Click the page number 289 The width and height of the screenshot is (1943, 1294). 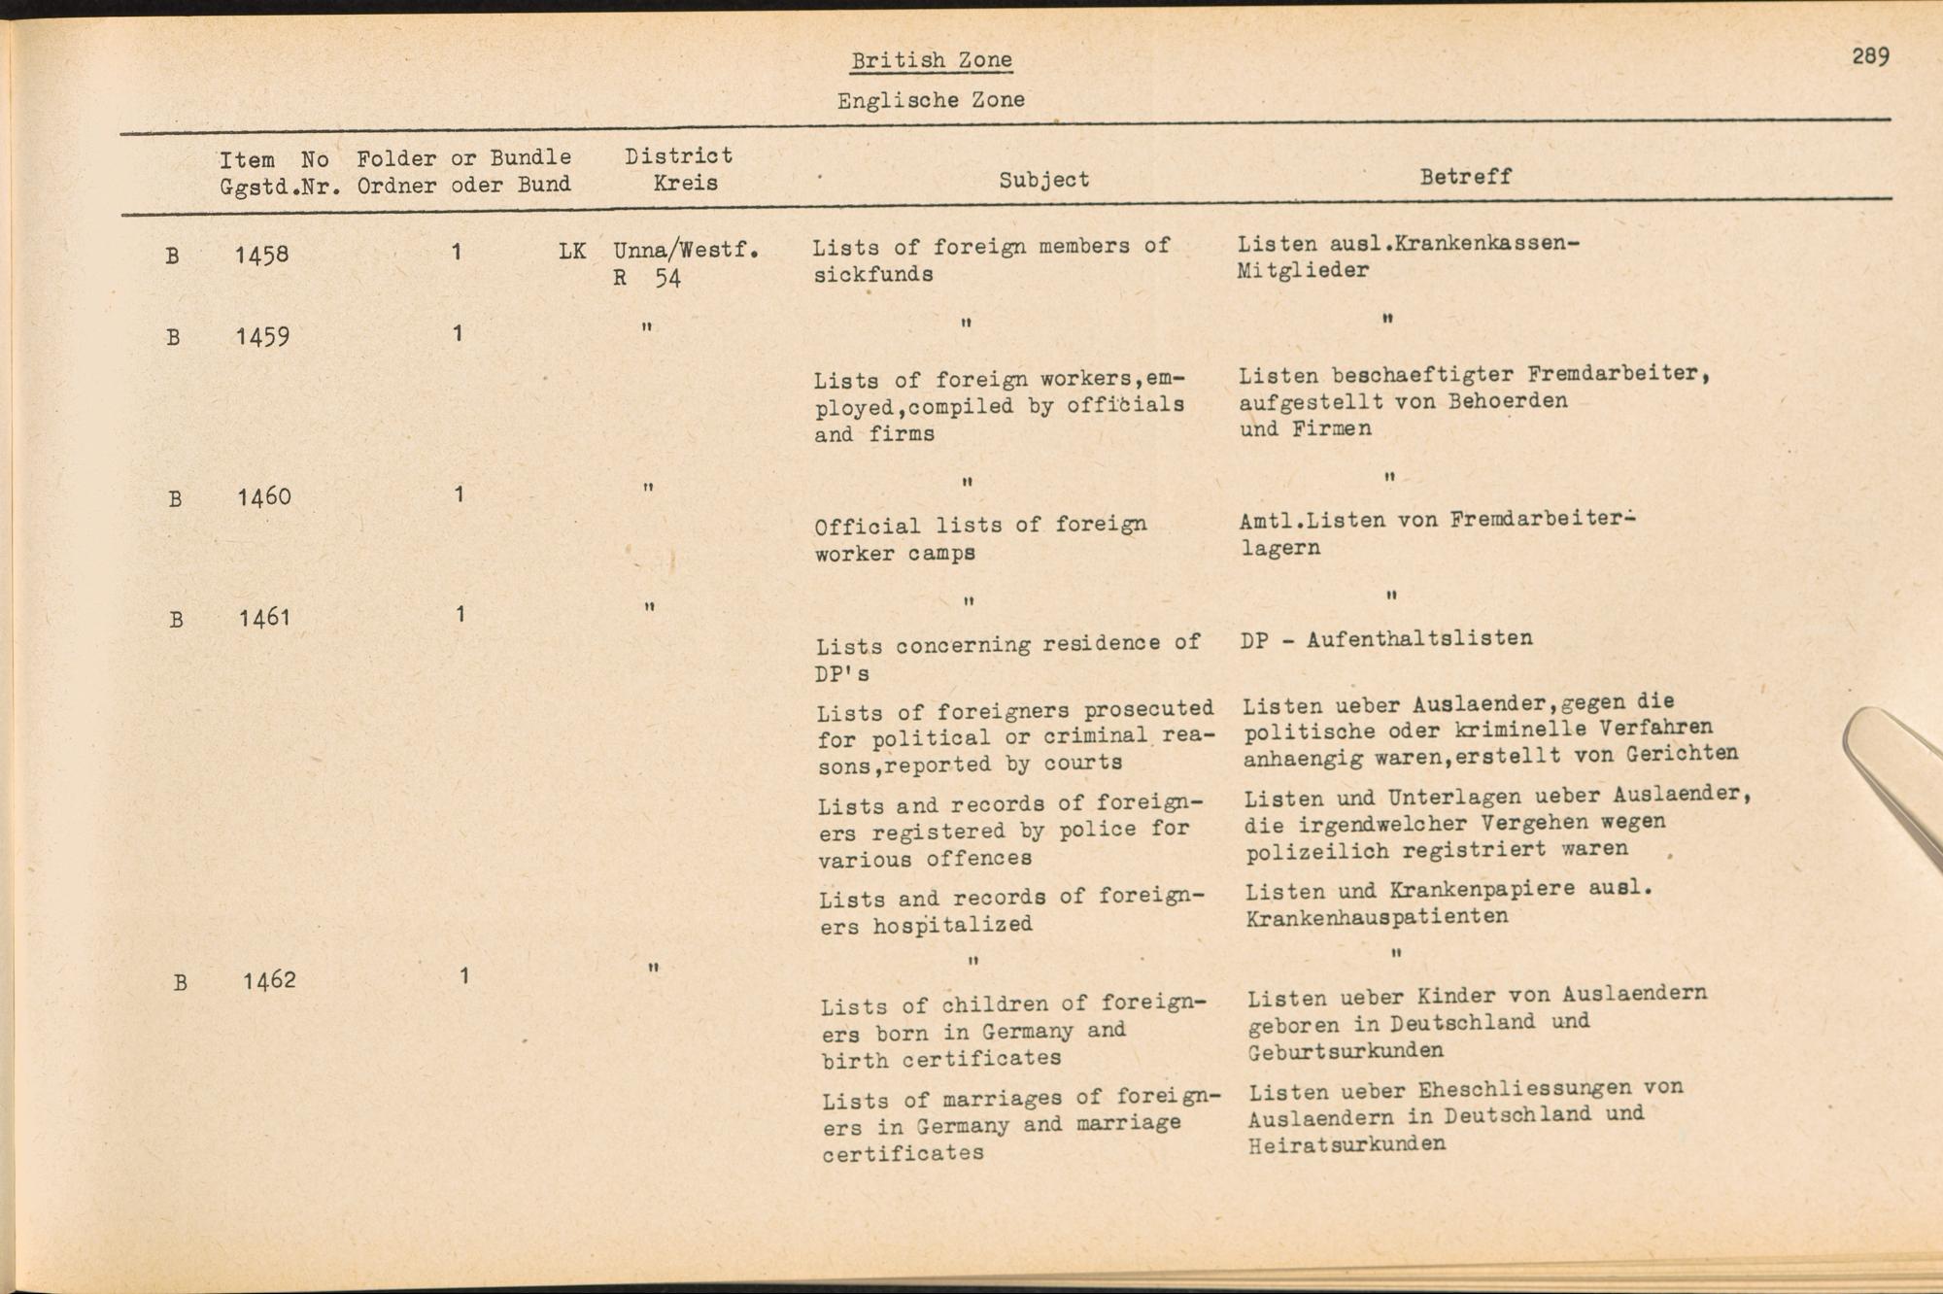click(1870, 56)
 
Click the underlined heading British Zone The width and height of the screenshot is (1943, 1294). click(932, 60)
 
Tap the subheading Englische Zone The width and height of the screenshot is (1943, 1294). click(931, 100)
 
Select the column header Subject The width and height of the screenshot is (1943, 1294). click(1044, 180)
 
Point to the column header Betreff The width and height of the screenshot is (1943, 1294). click(1465, 177)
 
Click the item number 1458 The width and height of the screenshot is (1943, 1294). click(261, 255)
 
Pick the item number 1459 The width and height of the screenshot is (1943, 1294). click(262, 337)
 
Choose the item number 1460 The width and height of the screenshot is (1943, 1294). click(264, 497)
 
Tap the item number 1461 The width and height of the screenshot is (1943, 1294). click(265, 617)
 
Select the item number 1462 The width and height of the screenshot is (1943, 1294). click(269, 980)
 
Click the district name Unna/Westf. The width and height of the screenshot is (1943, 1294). click(686, 251)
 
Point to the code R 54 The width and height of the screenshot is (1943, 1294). click(647, 279)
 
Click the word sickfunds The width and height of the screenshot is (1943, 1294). click(873, 275)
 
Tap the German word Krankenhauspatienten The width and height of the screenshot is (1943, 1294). click(1377, 917)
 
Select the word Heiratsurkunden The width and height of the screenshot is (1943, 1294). click(1346, 1144)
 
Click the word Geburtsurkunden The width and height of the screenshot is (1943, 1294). click(1346, 1051)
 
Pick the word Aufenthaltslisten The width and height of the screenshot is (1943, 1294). click(1419, 639)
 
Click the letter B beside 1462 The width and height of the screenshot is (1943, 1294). click(180, 982)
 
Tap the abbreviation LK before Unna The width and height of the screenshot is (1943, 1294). click(572, 252)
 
